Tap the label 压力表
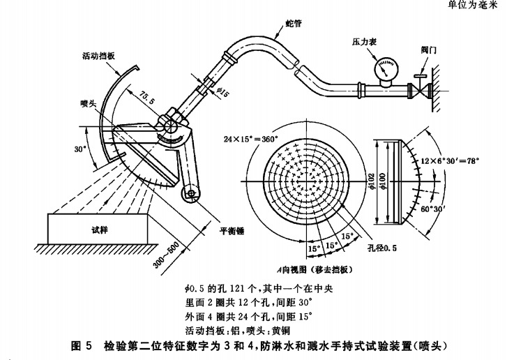click(x=363, y=42)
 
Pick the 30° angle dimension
click(x=80, y=149)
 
